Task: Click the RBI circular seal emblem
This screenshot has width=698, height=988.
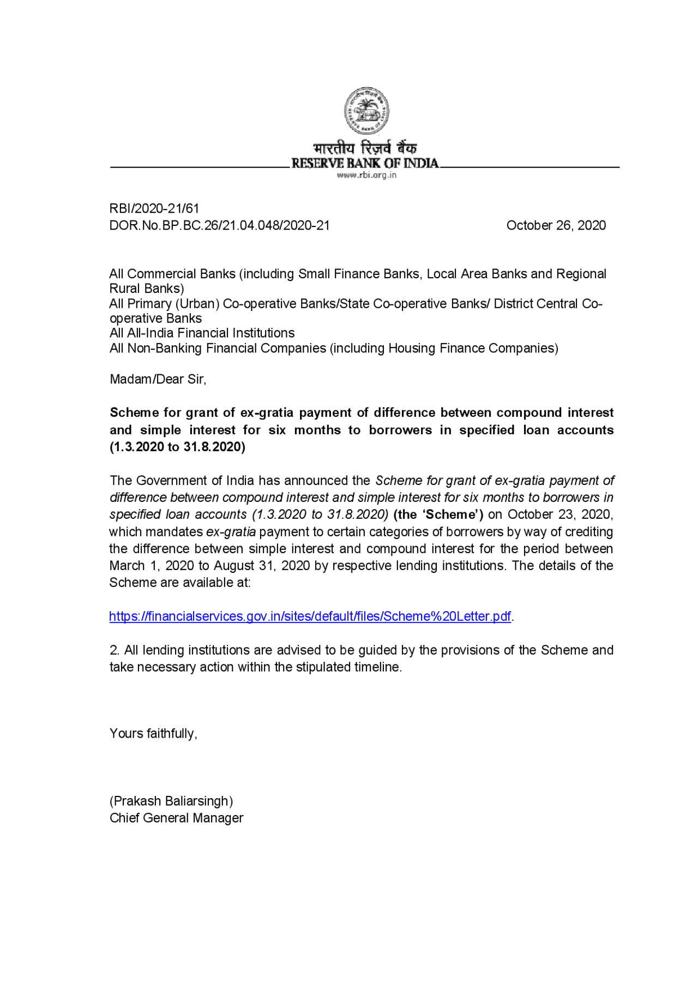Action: [366, 111]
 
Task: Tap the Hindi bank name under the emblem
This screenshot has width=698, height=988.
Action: [365, 148]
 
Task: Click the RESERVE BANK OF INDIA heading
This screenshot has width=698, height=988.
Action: [365, 163]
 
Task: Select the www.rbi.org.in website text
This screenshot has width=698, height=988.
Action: [366, 175]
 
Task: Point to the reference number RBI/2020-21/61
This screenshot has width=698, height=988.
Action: [154, 208]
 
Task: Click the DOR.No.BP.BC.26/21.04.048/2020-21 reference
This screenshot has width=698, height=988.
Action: [219, 225]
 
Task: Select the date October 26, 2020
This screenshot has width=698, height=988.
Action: [556, 225]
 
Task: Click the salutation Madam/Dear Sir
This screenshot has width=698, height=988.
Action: [158, 379]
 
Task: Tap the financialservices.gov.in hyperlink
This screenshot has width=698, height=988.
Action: [310, 616]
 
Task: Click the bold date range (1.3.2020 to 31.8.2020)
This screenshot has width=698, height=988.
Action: [177, 447]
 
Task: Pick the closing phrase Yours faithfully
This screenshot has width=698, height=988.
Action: [153, 733]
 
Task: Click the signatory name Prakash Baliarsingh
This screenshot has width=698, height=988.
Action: [171, 801]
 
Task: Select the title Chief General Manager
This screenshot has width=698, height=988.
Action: [176, 818]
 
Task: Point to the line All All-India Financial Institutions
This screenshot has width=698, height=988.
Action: [202, 333]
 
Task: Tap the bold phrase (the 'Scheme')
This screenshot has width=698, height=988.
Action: [438, 514]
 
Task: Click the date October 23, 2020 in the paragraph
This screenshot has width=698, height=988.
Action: [559, 514]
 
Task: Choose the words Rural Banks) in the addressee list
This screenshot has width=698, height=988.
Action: [147, 289]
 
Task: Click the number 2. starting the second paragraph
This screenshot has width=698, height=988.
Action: [115, 650]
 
